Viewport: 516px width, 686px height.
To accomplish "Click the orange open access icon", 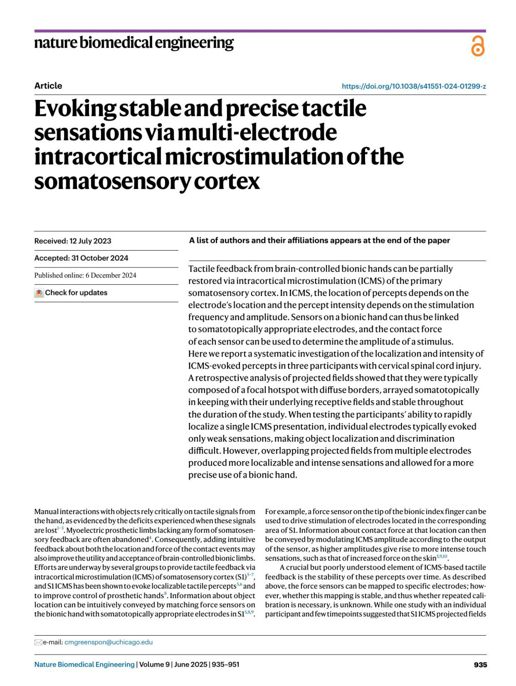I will (x=477, y=46).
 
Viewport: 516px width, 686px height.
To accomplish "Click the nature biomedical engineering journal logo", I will (x=134, y=43).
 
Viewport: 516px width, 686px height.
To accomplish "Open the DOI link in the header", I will (x=414, y=86).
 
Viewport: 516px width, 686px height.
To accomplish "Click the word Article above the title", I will (x=48, y=86).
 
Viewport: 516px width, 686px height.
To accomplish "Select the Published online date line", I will (x=85, y=276).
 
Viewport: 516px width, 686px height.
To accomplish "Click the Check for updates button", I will (x=76, y=293).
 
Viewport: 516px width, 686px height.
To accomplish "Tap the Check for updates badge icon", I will (x=39, y=293).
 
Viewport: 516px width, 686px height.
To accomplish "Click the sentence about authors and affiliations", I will (x=319, y=241).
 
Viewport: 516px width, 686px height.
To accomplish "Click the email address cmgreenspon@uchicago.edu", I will (x=108, y=642).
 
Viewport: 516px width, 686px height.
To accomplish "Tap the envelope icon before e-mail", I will (x=38, y=643).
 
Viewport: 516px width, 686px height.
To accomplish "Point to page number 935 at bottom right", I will (x=480, y=665).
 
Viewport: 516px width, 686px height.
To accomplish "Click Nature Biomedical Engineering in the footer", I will (x=84, y=664).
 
